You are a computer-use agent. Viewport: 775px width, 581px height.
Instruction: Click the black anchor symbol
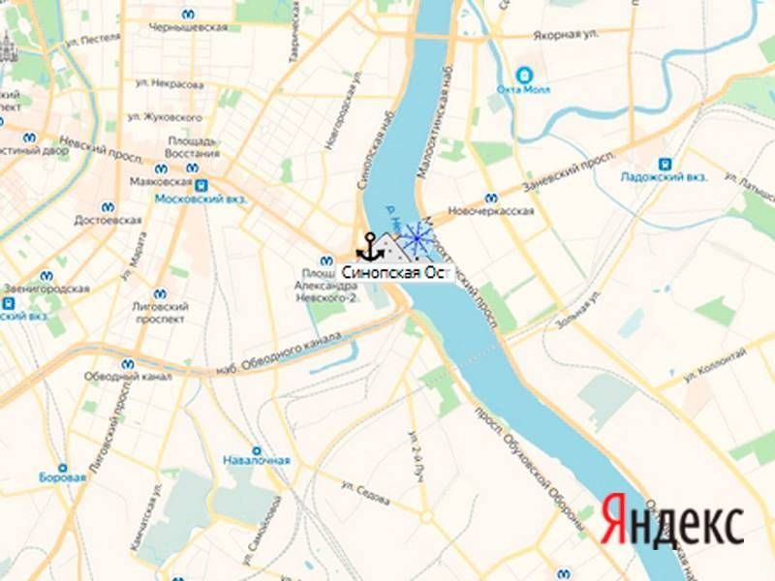coord(368,248)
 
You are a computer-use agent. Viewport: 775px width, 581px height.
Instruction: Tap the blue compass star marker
coord(417,236)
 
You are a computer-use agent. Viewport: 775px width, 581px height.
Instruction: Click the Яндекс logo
coord(672,522)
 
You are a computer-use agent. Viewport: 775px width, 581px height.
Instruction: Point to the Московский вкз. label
coord(201,199)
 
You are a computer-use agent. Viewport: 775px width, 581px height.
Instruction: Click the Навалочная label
coord(256,460)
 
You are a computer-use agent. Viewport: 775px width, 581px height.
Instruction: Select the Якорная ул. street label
coord(564,35)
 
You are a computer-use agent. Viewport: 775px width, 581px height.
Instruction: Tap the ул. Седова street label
coord(368,494)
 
